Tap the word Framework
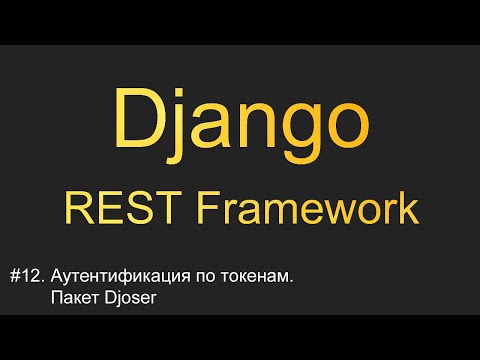306,208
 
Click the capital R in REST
78,208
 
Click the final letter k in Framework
408,208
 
